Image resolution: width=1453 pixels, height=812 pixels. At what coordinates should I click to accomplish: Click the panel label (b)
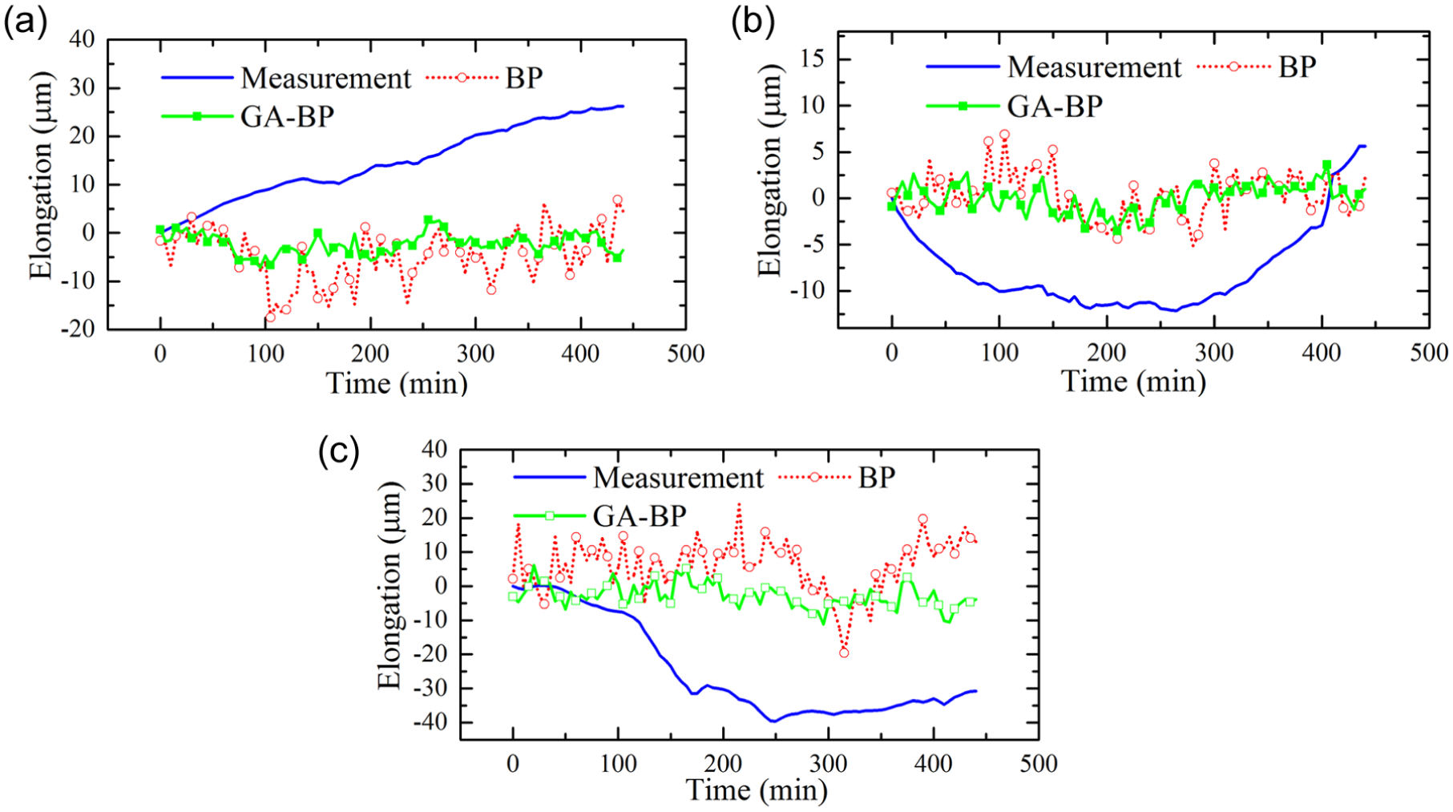pos(753,22)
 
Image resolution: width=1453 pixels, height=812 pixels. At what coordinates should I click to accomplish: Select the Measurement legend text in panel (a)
pos(325,79)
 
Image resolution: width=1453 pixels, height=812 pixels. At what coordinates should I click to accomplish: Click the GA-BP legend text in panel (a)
pos(287,117)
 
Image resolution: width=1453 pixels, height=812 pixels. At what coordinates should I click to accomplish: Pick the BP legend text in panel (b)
pos(1297,67)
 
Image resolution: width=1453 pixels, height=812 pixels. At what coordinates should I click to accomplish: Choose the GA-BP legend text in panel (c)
pos(640,516)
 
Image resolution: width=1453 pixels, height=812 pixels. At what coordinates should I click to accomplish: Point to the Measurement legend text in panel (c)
pos(678,478)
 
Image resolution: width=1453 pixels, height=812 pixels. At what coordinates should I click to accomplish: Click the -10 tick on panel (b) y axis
pos(806,291)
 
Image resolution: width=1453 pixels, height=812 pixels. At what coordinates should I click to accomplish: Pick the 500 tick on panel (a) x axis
pos(686,353)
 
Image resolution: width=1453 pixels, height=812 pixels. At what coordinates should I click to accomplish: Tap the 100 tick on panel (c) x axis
pos(618,764)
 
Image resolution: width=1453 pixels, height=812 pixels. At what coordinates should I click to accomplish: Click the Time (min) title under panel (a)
pos(397,383)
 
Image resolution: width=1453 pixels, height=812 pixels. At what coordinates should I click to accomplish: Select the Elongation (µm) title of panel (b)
pos(769,172)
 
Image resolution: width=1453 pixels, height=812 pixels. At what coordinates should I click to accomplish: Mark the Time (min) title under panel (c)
pos(757,791)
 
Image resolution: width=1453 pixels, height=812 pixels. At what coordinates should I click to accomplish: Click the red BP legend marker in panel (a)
pos(462,78)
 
